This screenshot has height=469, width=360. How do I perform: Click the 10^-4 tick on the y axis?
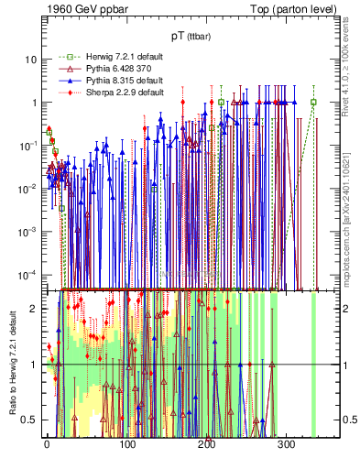point(28,275)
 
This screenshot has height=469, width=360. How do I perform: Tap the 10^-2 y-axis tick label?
point(28,189)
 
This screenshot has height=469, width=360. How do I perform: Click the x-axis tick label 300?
point(286,445)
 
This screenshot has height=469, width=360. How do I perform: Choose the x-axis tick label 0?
point(47,445)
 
